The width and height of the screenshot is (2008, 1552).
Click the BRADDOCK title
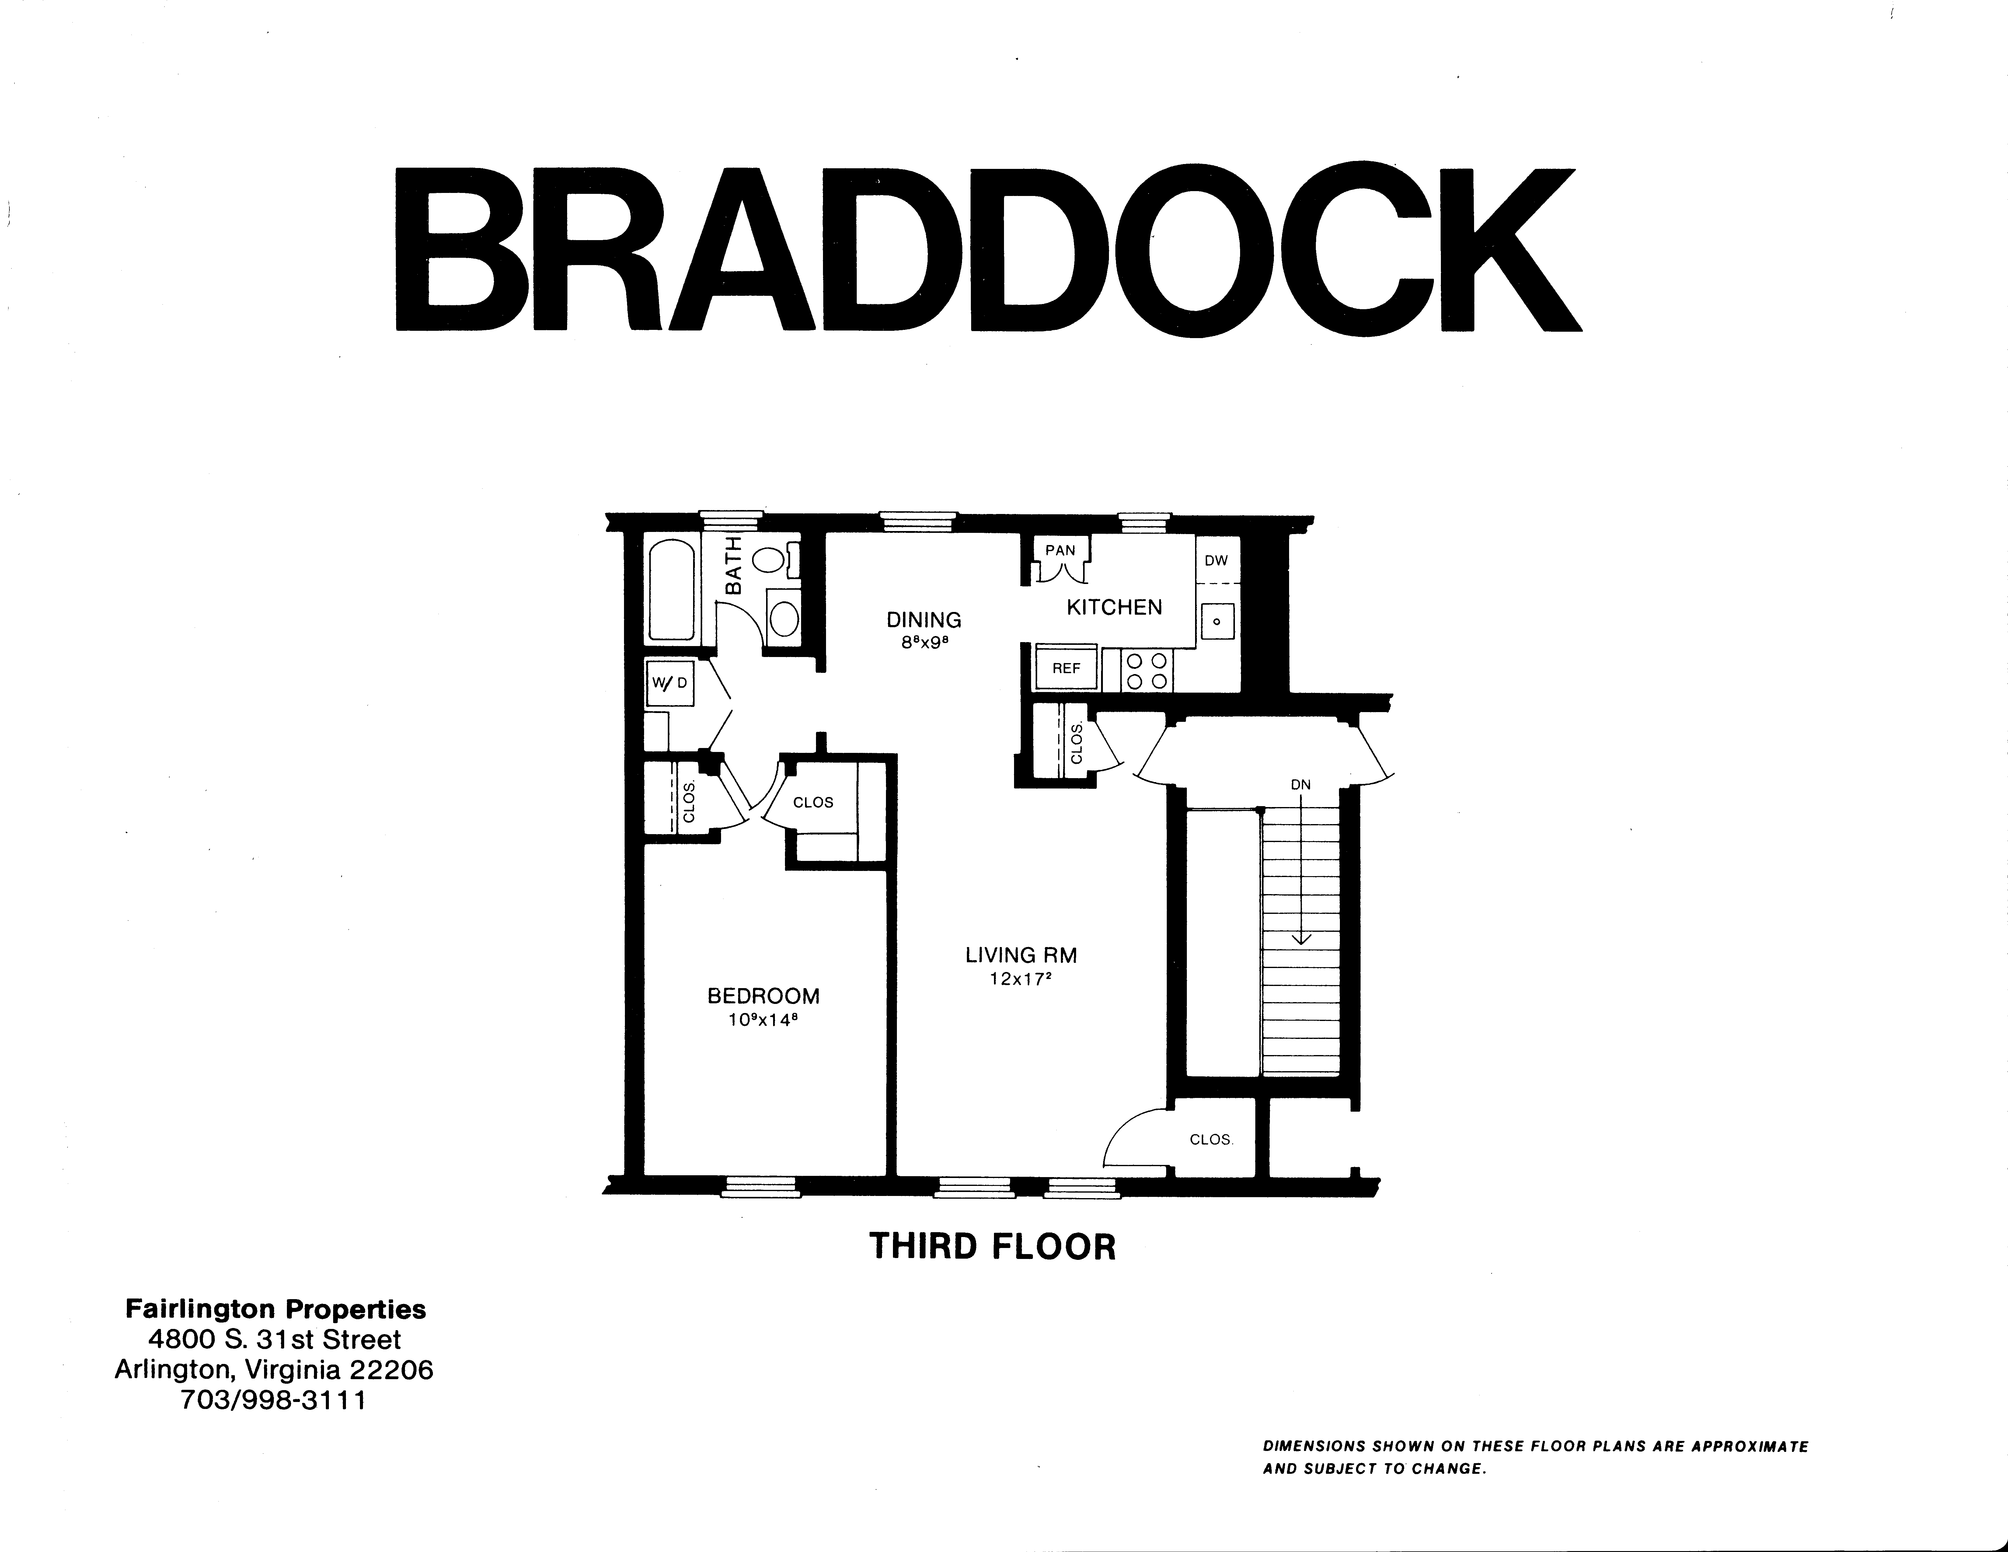[988, 248]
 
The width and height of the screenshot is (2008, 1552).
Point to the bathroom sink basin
[783, 618]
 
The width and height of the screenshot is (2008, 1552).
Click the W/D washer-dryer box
[669, 683]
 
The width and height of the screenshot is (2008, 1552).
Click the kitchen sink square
[1217, 621]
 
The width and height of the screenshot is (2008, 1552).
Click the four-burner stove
[1146, 671]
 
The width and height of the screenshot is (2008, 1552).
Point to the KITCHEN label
[1114, 607]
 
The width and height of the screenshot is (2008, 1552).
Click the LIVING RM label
[1020, 955]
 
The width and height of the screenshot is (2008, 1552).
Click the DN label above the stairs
[1300, 784]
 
